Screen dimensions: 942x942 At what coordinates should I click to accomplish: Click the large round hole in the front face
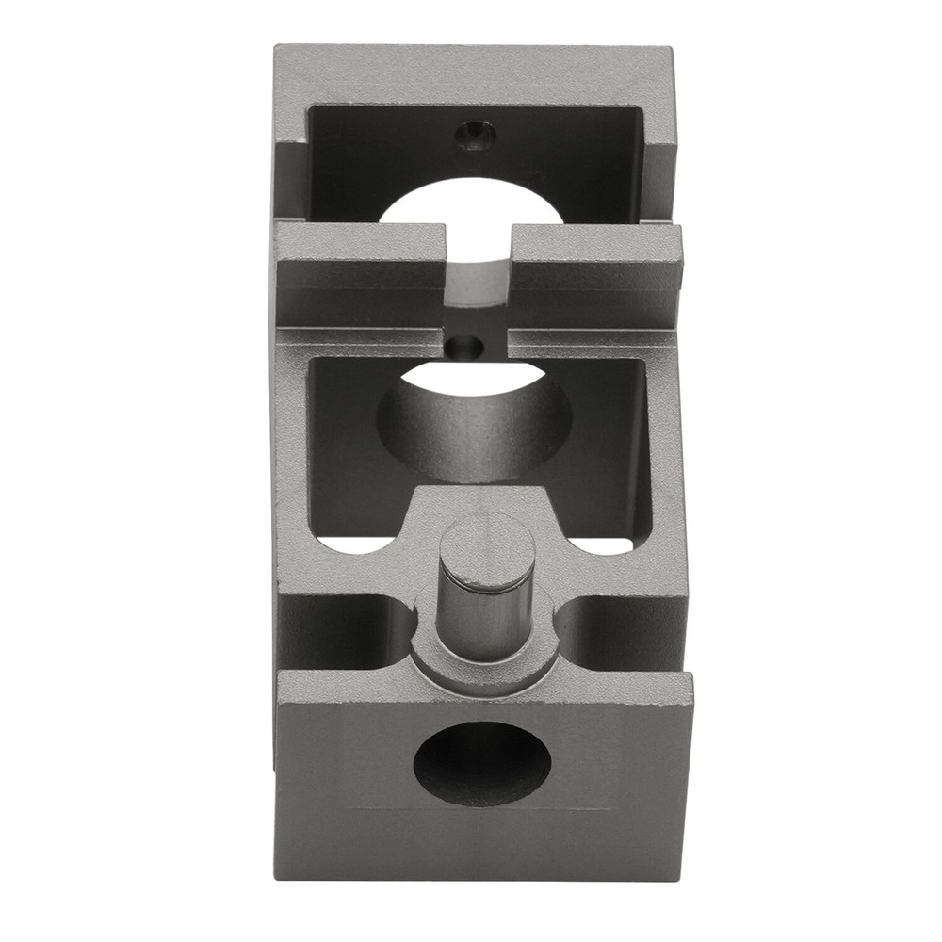[x=482, y=763]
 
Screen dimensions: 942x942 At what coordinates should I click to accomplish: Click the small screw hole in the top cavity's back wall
[x=475, y=138]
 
